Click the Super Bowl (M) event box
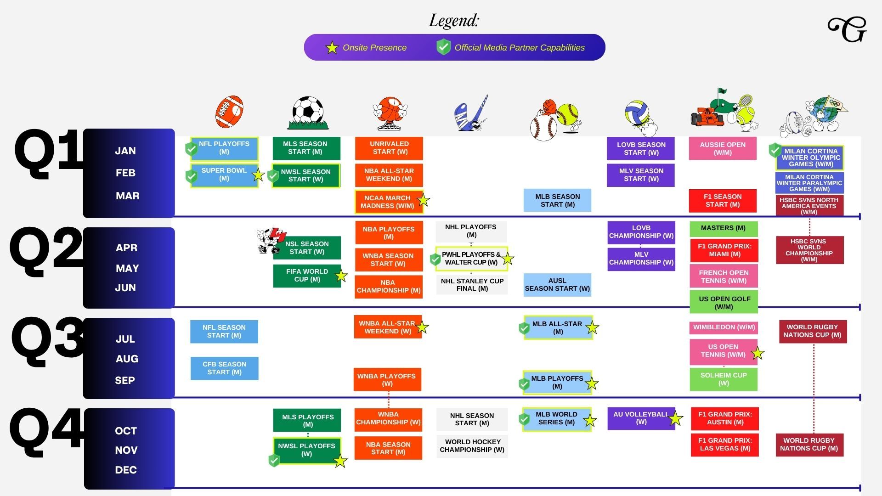pyautogui.click(x=224, y=175)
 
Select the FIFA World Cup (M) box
pyautogui.click(x=307, y=276)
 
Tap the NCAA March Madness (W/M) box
pyautogui.click(x=389, y=202)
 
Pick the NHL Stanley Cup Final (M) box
pyautogui.click(x=472, y=285)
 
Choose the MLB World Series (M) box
pyautogui.click(x=557, y=419)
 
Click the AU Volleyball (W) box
pyautogui.click(x=641, y=418)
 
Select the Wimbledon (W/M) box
pyautogui.click(x=724, y=327)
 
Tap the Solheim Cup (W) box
pyautogui.click(x=724, y=379)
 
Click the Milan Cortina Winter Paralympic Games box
pyautogui.click(x=809, y=183)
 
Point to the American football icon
pyautogui.click(x=229, y=112)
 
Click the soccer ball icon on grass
pyautogui.click(x=308, y=113)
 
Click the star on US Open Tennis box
pyautogui.click(x=758, y=353)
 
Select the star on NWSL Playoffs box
pyautogui.click(x=340, y=461)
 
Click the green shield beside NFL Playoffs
pyautogui.click(x=191, y=149)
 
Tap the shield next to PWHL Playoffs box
pyautogui.click(x=435, y=259)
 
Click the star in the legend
pyautogui.click(x=332, y=47)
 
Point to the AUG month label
pyautogui.click(x=127, y=359)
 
